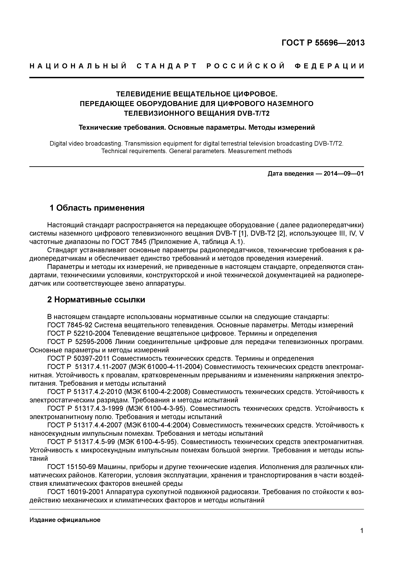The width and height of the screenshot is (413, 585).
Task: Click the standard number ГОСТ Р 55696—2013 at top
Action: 323,43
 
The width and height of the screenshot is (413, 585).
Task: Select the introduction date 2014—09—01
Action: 344,174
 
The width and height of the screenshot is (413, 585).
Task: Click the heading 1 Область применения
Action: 97,208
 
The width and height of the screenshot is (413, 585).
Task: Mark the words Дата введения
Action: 290,174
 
